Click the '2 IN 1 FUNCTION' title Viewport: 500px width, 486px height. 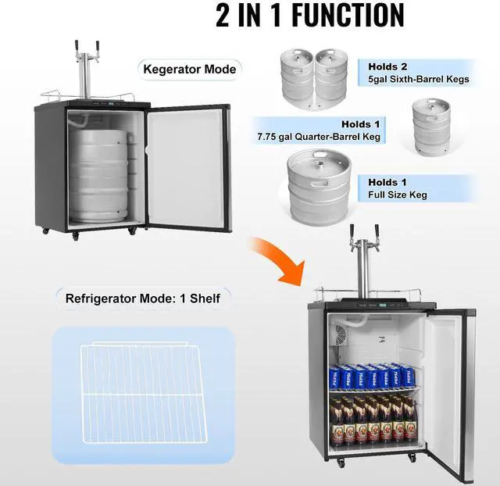click(x=310, y=16)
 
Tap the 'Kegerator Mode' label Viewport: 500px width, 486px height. click(x=189, y=69)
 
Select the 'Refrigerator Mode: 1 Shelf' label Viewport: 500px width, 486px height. click(x=143, y=298)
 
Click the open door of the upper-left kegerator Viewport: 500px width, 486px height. click(x=187, y=164)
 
